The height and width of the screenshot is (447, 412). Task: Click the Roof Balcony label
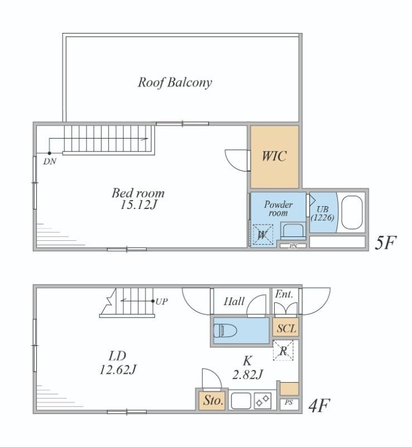click(x=175, y=83)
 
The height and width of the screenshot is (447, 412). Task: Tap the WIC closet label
click(x=274, y=156)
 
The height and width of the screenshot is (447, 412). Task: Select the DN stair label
click(x=50, y=161)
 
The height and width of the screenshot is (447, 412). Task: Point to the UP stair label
click(x=161, y=301)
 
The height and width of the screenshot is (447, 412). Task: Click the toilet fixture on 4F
click(x=225, y=331)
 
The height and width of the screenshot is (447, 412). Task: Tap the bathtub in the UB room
click(x=352, y=212)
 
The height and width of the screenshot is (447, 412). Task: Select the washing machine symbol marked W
click(x=263, y=235)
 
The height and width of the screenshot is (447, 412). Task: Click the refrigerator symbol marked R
click(x=283, y=351)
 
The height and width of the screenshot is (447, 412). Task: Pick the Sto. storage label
click(x=213, y=401)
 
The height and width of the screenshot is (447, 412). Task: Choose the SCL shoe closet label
click(x=286, y=329)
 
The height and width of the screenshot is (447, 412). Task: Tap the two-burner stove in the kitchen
click(x=262, y=401)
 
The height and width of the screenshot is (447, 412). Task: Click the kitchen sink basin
click(x=241, y=401)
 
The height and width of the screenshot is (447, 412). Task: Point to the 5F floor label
click(x=385, y=243)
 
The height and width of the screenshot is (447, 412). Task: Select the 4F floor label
click(x=319, y=406)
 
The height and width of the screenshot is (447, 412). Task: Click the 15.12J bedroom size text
click(x=138, y=205)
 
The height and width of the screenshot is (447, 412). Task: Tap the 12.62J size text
click(x=118, y=370)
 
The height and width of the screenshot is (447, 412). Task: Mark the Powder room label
click(x=278, y=208)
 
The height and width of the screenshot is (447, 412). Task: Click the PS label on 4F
click(x=289, y=402)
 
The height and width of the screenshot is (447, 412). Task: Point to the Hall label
click(x=234, y=301)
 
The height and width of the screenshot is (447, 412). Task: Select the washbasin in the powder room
click(x=293, y=231)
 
